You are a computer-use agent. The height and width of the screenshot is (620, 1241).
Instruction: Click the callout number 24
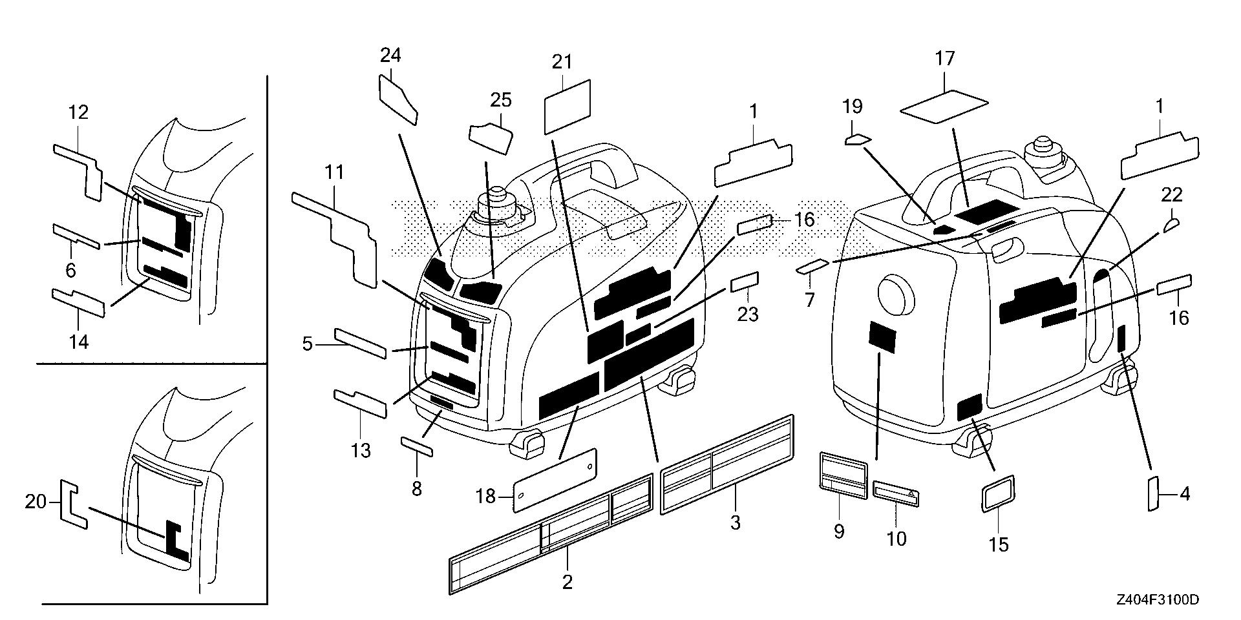point(390,56)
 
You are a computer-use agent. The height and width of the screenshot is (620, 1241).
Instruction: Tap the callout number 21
point(562,62)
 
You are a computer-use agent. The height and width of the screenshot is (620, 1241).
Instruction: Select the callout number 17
point(944,59)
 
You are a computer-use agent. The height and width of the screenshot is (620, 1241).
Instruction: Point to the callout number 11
point(334,172)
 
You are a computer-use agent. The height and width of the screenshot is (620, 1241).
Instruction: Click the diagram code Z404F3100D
point(1157,600)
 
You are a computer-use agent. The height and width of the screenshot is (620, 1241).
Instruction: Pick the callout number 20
point(36,501)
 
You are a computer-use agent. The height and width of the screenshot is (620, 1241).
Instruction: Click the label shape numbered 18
point(555,480)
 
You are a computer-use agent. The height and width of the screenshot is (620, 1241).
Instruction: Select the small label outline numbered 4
point(1152,495)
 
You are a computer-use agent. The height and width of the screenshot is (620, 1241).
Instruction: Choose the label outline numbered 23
point(745,282)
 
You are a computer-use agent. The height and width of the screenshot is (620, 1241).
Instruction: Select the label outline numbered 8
point(418,446)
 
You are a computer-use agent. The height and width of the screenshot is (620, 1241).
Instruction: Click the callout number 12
point(78,112)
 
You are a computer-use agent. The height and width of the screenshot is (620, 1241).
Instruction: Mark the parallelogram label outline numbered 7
point(812,267)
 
